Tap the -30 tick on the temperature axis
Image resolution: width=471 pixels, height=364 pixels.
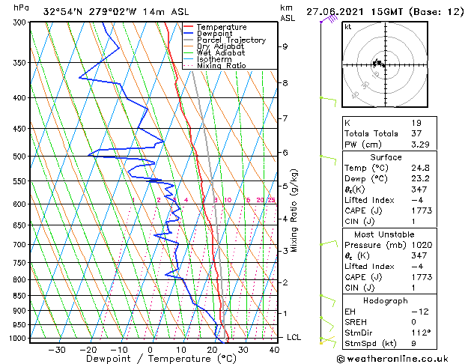[57, 349]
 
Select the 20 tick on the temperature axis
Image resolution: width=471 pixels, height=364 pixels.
[213, 349]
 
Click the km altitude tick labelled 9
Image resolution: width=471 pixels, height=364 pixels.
[285, 46]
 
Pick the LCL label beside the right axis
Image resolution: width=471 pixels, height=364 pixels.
[294, 337]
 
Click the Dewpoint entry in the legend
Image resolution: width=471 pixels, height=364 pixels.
[216, 34]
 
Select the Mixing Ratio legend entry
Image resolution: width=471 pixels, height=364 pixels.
[221, 66]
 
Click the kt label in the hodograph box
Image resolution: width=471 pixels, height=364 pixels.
[348, 26]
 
